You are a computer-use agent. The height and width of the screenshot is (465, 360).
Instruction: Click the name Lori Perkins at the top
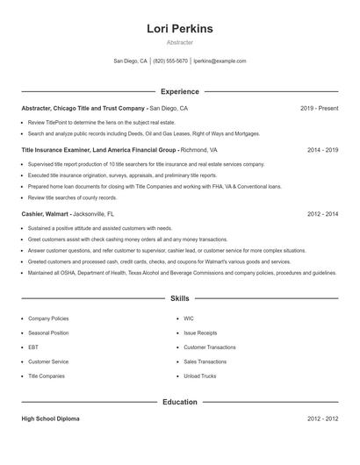click(180, 28)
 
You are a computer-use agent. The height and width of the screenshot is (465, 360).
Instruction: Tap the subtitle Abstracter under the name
click(180, 42)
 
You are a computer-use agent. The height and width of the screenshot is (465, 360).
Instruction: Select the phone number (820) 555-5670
click(170, 61)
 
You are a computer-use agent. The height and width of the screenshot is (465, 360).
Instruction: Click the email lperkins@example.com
click(220, 61)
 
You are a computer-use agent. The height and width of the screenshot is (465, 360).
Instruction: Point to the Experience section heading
click(180, 91)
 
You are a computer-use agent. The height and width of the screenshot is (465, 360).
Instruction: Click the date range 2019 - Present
click(319, 108)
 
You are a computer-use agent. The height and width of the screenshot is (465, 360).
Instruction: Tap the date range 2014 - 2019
click(322, 150)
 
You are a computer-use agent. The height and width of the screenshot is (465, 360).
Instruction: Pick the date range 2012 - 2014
click(322, 213)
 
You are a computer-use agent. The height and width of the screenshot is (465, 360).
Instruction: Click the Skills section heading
click(180, 298)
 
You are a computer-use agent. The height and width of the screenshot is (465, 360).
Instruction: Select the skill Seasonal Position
click(48, 333)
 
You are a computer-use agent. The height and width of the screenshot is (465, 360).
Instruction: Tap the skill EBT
click(33, 347)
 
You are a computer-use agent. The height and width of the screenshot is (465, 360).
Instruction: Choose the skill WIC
click(189, 318)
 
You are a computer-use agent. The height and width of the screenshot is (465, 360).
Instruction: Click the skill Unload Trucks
click(199, 376)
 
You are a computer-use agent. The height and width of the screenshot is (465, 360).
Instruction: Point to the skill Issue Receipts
click(201, 333)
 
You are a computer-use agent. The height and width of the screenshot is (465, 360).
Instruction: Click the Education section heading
click(180, 402)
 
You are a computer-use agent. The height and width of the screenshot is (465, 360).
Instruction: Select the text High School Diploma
click(50, 418)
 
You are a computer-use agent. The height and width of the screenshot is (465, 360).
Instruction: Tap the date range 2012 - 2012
click(322, 418)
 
